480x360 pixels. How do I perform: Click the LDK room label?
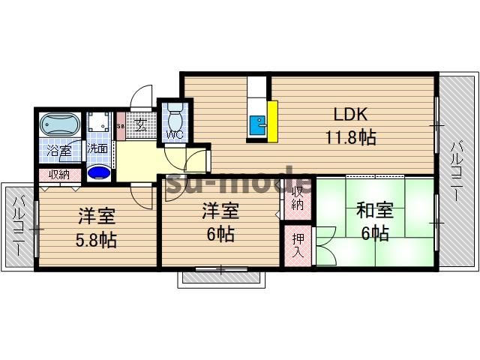[x=349, y=115]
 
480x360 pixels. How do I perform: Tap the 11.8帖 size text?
[x=349, y=137]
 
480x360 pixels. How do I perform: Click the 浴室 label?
[x=58, y=150]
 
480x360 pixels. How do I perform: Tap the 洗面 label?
[x=97, y=149]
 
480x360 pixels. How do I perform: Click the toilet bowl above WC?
[x=175, y=117]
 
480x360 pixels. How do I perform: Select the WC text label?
[x=173, y=135]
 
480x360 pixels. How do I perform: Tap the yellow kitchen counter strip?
[x=273, y=120]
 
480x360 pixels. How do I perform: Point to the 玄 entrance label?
[x=139, y=124]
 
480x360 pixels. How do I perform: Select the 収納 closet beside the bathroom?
[x=59, y=175]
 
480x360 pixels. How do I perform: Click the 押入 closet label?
[x=297, y=246]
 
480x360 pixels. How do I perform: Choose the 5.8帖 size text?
[x=96, y=241]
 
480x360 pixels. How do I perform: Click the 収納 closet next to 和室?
[x=298, y=196]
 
